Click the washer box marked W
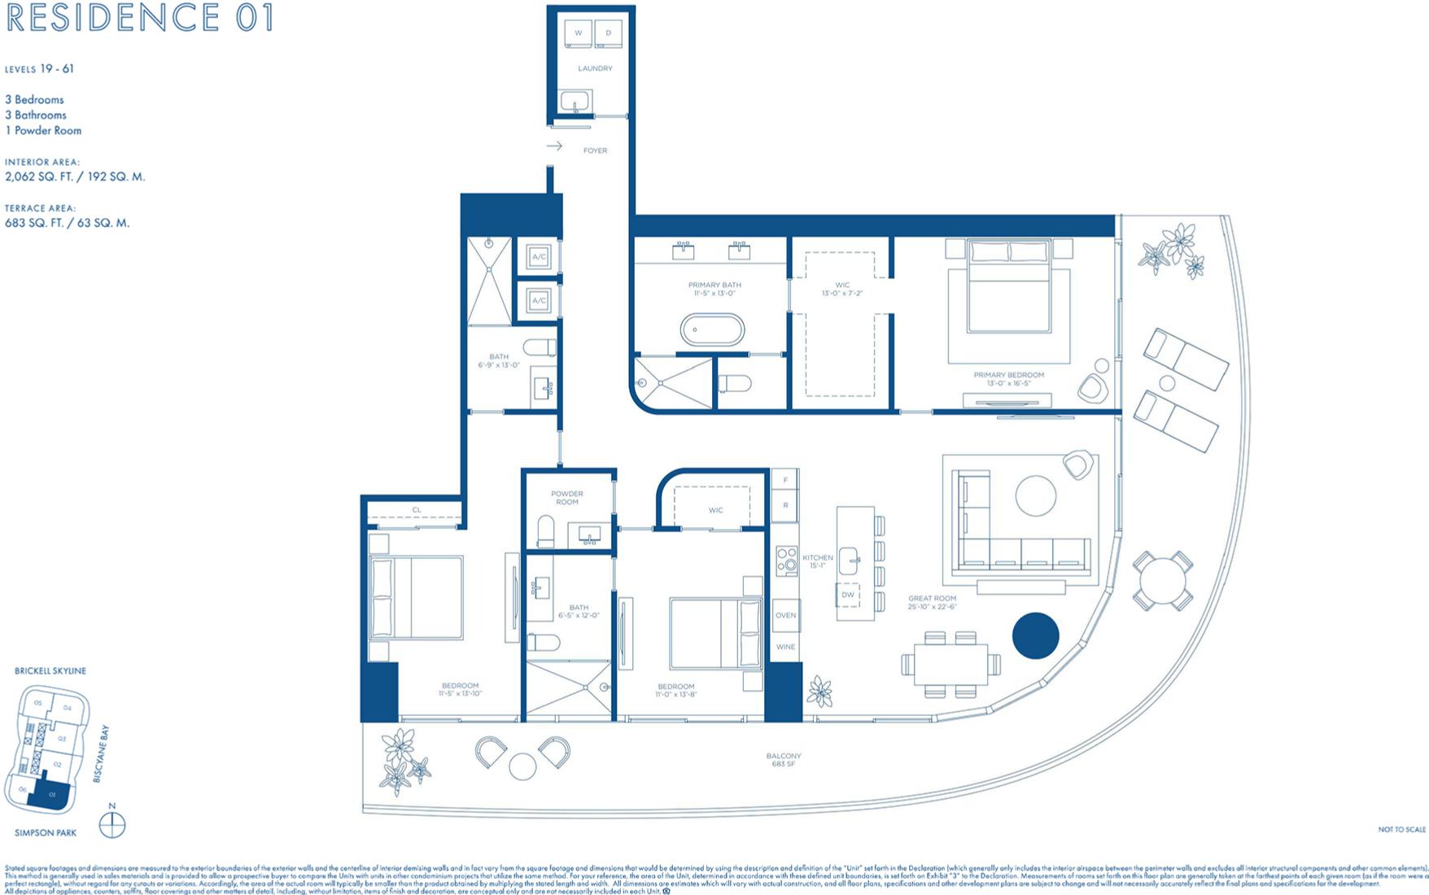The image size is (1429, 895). [579, 33]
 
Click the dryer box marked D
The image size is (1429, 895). [608, 33]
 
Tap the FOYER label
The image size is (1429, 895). [595, 151]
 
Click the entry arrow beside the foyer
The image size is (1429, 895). [554, 146]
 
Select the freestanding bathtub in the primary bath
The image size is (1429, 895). [712, 330]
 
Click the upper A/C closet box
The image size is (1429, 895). [539, 257]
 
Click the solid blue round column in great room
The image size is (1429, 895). [1035, 635]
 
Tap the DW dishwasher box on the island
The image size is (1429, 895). [848, 595]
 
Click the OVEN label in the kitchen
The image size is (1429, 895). [785, 615]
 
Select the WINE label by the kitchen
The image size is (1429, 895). [785, 647]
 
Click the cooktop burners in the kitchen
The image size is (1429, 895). [786, 561]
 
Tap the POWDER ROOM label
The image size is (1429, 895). [567, 497]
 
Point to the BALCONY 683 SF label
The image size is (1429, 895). [783, 760]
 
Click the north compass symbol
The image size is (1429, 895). [112, 825]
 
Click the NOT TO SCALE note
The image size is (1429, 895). [1401, 829]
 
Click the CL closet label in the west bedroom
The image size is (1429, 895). [417, 510]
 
